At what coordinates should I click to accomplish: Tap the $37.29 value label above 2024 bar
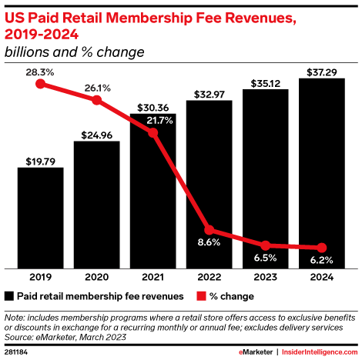click(321, 70)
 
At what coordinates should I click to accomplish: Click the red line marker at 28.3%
click(40, 84)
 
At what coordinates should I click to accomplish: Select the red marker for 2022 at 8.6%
click(209, 231)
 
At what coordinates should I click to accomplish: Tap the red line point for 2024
click(321, 248)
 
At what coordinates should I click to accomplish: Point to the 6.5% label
click(265, 258)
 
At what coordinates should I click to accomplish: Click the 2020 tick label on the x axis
click(96, 276)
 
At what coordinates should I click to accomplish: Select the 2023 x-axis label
click(265, 276)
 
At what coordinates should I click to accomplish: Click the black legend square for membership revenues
click(9, 295)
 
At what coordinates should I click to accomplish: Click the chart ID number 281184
click(18, 352)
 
